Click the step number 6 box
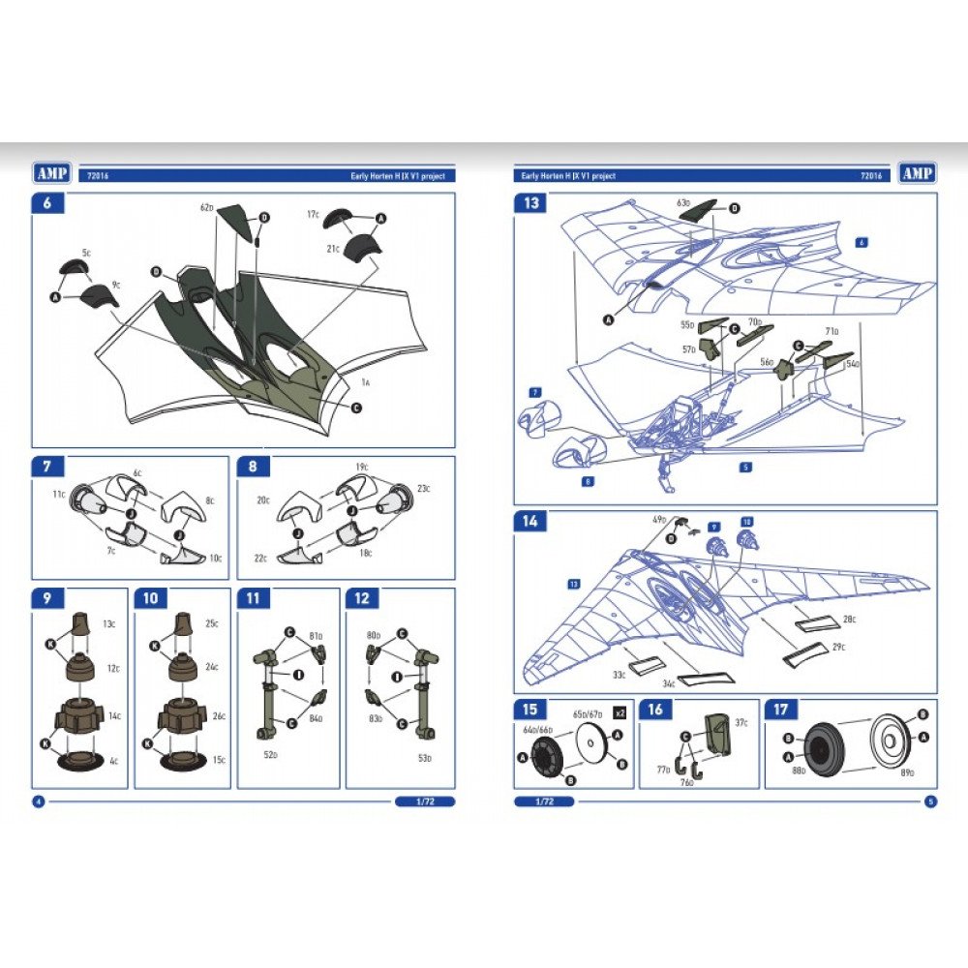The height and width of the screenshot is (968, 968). pyautogui.click(x=47, y=203)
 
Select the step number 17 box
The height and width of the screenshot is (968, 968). pyautogui.click(x=779, y=710)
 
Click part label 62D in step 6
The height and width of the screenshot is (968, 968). pyautogui.click(x=206, y=208)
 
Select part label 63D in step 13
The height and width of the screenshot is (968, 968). pyautogui.click(x=682, y=203)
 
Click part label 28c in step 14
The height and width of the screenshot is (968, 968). pyautogui.click(x=848, y=619)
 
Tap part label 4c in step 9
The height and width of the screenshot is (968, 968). pyautogui.click(x=113, y=762)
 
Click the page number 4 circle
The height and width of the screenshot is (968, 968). pyautogui.click(x=38, y=802)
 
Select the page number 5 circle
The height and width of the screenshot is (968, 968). pyautogui.click(x=929, y=802)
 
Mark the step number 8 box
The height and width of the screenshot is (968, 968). pyautogui.click(x=253, y=466)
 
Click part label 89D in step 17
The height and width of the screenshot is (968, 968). pyautogui.click(x=906, y=771)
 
